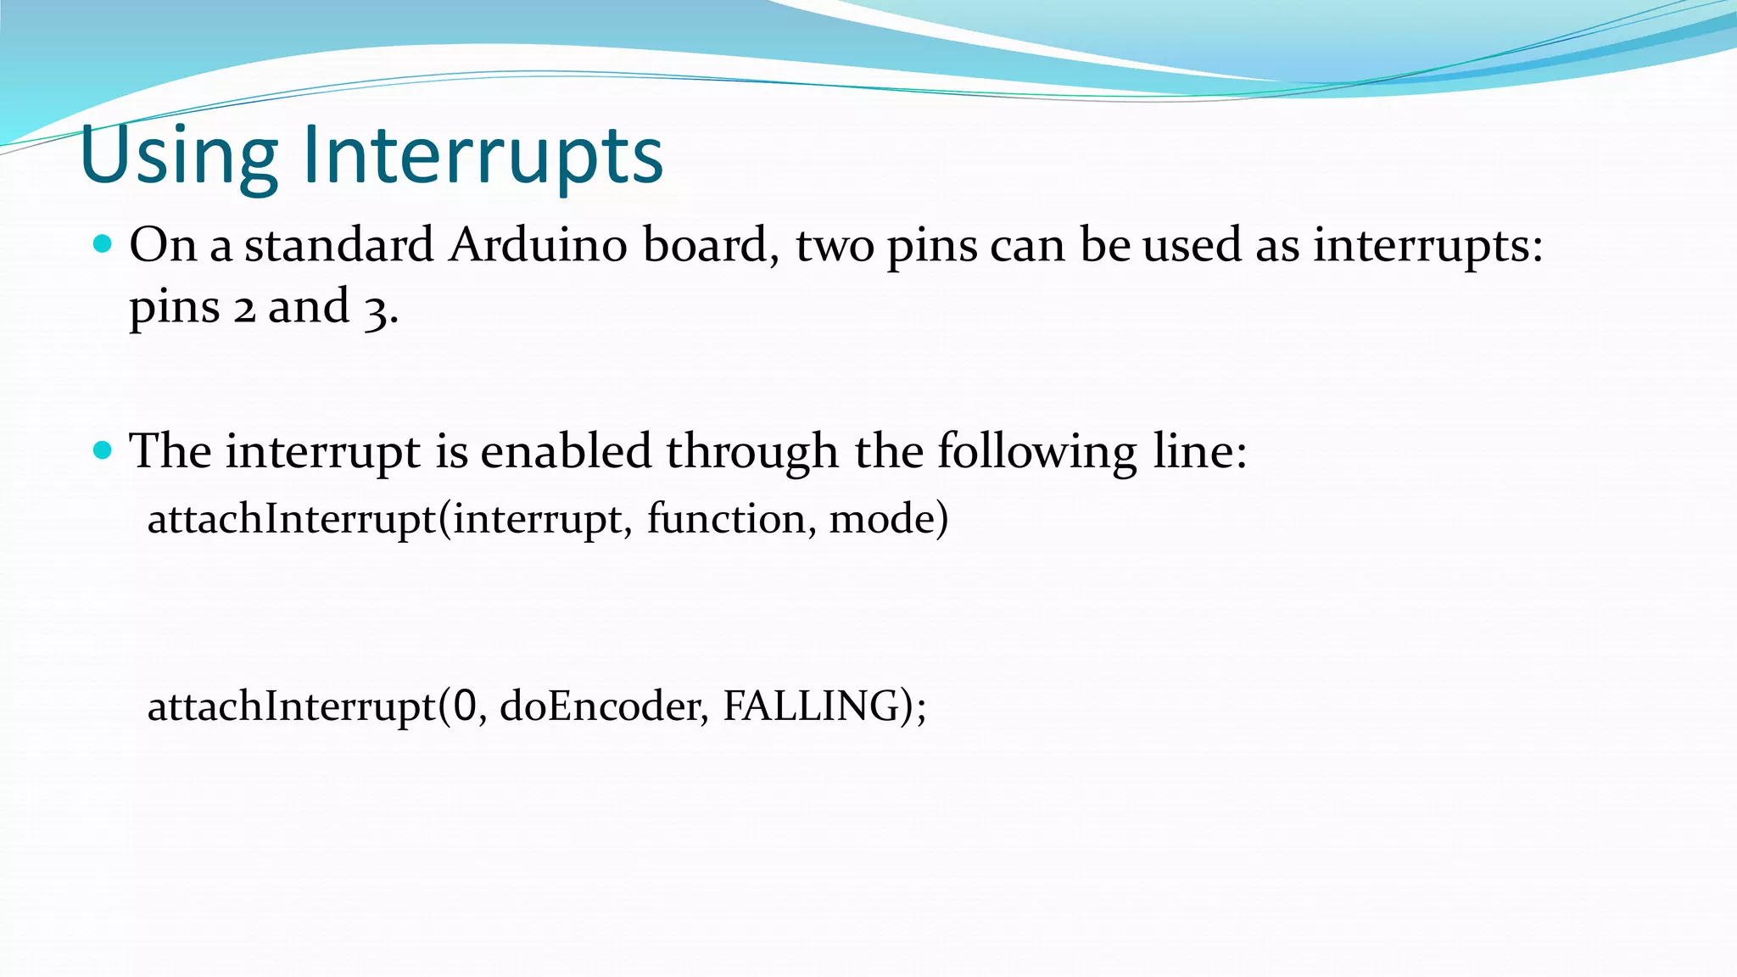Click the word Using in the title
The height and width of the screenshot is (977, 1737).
tap(179, 157)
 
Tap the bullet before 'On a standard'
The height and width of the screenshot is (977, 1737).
tap(103, 245)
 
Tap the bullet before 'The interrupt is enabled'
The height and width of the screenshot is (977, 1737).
tap(103, 450)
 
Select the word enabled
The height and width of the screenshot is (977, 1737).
tap(566, 450)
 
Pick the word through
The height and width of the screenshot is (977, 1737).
tap(752, 452)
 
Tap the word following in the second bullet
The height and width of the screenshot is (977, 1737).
tap(1036, 452)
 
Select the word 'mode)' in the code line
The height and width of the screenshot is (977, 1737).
tap(888, 518)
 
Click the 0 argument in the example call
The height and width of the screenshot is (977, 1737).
tap(465, 706)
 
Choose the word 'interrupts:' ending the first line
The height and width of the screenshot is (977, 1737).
tap(1428, 247)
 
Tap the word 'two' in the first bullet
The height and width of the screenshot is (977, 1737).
tap(835, 247)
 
